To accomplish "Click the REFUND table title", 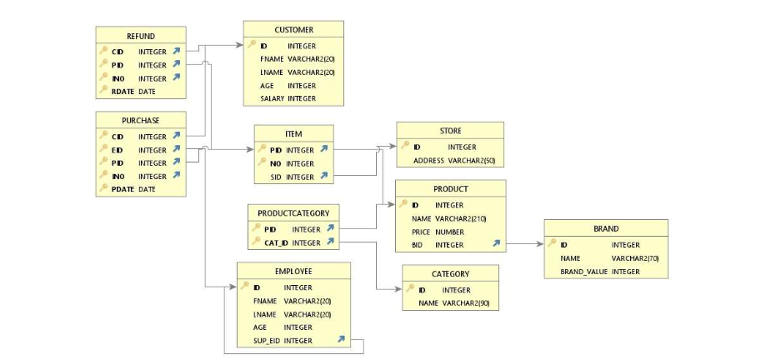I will click(x=140, y=36).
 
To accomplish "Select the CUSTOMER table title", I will click(x=293, y=30).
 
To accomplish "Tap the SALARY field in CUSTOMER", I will click(x=272, y=98).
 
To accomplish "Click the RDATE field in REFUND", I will click(x=123, y=92).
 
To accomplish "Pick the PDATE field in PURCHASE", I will click(x=123, y=189).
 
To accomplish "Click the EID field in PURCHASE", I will click(x=117, y=150).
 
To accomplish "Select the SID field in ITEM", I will click(x=275, y=177).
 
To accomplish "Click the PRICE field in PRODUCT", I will click(x=422, y=232).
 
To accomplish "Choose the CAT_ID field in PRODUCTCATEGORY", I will click(x=275, y=242).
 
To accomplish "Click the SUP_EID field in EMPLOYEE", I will click(x=267, y=340).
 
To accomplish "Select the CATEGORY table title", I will click(x=450, y=273).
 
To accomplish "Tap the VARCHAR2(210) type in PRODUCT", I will click(x=461, y=218).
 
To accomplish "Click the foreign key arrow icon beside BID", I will click(x=497, y=244).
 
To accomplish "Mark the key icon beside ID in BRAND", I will click(x=552, y=244).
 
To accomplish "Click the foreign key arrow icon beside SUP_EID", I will click(x=341, y=340).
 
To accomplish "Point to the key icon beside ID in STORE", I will click(x=404, y=147).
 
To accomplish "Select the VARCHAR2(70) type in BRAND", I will click(x=635, y=258).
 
